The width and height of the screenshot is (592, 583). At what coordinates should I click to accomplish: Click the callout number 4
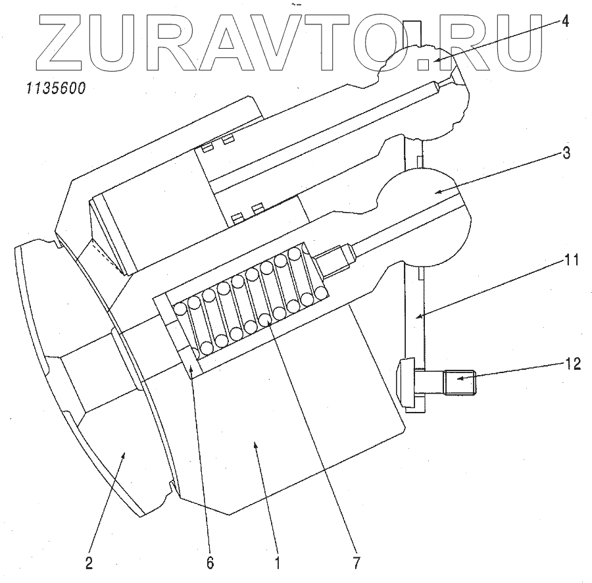(565, 21)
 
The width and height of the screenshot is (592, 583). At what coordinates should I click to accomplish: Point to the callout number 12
(573, 363)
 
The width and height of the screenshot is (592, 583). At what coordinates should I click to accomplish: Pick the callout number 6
(210, 563)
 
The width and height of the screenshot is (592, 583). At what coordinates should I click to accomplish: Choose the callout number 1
(278, 563)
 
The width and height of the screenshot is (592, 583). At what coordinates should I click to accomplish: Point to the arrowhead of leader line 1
(257, 445)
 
